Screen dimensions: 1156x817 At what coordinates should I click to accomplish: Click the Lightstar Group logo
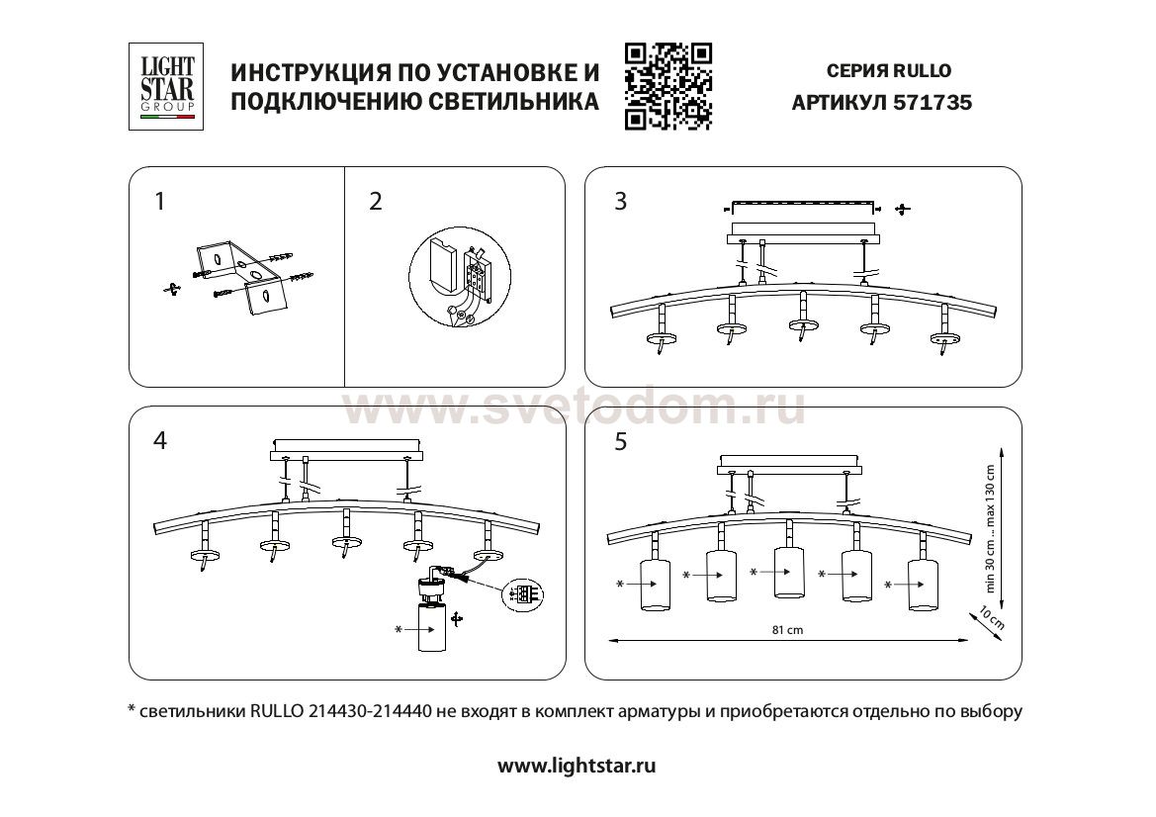click(x=166, y=86)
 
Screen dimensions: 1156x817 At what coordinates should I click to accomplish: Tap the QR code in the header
click(x=667, y=86)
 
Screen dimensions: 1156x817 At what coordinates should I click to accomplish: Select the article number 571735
click(x=933, y=103)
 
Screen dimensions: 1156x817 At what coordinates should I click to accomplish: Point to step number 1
click(x=160, y=202)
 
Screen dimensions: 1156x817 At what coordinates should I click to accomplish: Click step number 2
click(x=376, y=202)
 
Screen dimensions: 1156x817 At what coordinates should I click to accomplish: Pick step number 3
click(x=621, y=202)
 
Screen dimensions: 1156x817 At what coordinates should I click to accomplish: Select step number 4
click(x=160, y=441)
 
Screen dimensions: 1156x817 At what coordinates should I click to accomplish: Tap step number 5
click(x=621, y=441)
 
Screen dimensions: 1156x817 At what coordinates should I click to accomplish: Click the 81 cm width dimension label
click(x=787, y=630)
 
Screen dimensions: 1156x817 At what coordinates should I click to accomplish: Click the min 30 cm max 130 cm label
click(x=990, y=529)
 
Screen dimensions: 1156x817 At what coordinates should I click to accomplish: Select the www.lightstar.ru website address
click(x=577, y=766)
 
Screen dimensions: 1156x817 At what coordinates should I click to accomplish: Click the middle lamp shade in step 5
click(x=789, y=573)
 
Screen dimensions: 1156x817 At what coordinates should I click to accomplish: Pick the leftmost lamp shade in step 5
click(x=656, y=586)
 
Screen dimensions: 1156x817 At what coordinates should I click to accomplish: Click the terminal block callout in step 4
click(x=523, y=593)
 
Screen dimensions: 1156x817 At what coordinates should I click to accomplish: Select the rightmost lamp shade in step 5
click(x=923, y=586)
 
